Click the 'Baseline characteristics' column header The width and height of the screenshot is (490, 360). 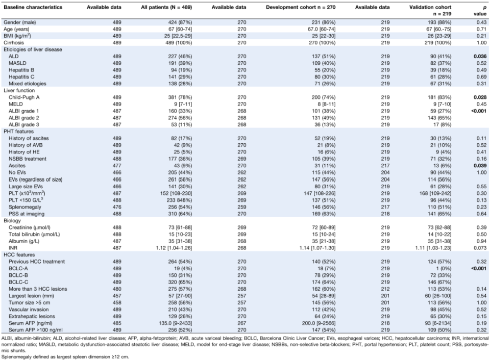(33, 7)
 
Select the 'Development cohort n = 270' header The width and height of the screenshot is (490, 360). (301, 7)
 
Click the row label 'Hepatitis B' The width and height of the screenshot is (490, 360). (21, 70)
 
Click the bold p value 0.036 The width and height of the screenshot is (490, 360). (480, 57)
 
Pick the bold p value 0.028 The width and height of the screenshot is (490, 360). (480, 97)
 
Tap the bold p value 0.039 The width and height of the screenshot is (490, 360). (480, 166)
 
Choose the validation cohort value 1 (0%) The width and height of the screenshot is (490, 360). (444, 269)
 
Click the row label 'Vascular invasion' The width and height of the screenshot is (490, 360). (29, 310)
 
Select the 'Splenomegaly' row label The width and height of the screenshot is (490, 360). (24, 207)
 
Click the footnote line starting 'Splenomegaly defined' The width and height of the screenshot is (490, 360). (65, 356)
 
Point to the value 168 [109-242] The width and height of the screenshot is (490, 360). (436, 193)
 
